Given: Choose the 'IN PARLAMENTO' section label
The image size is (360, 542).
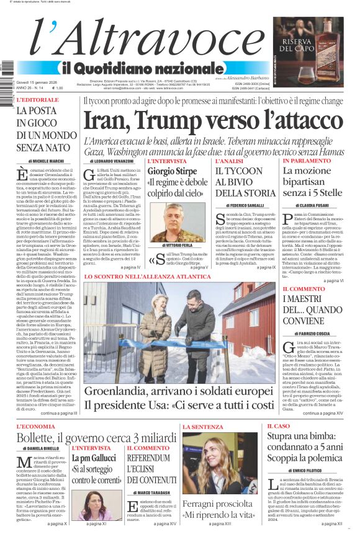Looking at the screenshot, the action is coord(306,161).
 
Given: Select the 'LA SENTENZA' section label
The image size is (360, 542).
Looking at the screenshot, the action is coord(202,427).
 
